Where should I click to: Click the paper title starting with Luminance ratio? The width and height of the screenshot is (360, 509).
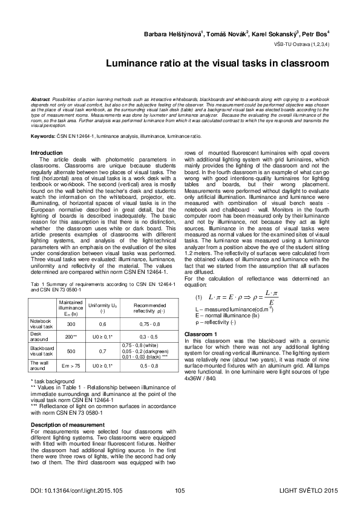[217, 62]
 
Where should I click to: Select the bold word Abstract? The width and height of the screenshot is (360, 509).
[41, 99]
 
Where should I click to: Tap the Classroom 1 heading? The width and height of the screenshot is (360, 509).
[200, 334]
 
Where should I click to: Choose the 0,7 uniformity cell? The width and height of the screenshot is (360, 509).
[103, 350]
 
